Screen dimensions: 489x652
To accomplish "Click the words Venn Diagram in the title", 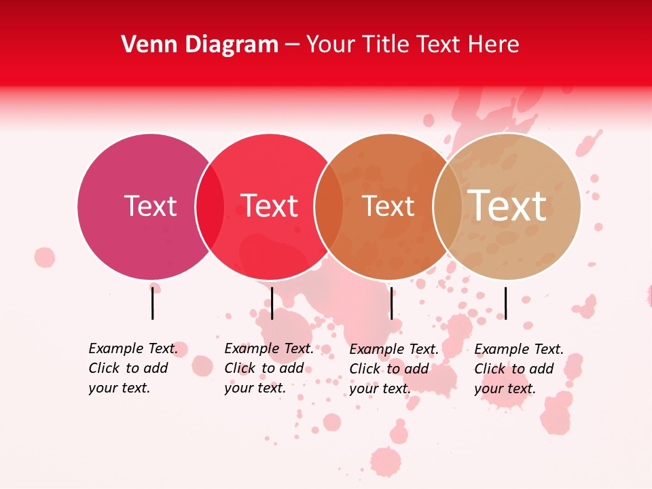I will point(200,45).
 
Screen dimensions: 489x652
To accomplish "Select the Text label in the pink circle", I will point(150,206).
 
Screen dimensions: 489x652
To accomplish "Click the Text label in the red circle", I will point(270,206).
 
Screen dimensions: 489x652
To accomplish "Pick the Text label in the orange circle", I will point(388,206).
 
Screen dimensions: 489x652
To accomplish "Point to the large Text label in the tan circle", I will point(507,205).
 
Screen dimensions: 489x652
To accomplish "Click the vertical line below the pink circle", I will point(153,303).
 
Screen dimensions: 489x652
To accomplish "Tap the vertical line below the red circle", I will point(272,303).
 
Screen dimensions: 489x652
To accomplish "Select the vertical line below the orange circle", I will point(392,303).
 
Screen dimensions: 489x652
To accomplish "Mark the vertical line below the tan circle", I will point(505,303).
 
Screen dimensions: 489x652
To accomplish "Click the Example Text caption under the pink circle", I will point(132,368).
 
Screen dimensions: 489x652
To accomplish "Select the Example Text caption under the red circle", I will point(268,368).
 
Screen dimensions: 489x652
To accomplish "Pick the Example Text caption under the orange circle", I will point(393,369).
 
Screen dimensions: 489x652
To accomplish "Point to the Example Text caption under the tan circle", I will point(518,369).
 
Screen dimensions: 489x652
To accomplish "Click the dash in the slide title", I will point(292,45).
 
